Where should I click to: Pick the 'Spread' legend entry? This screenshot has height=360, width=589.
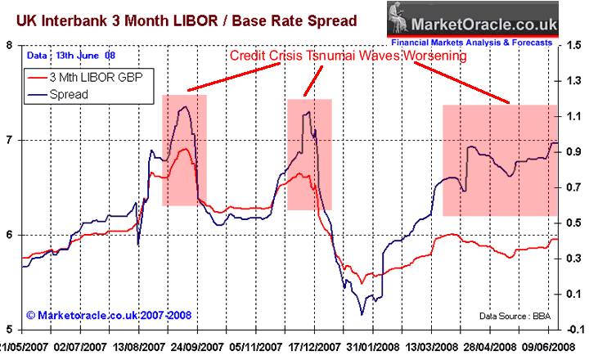tap(72, 94)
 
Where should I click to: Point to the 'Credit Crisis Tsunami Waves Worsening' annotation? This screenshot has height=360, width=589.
tap(348, 56)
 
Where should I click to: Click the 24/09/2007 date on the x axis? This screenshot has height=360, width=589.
tap(193, 347)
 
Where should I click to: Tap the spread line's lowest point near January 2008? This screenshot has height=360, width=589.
tap(362, 314)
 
